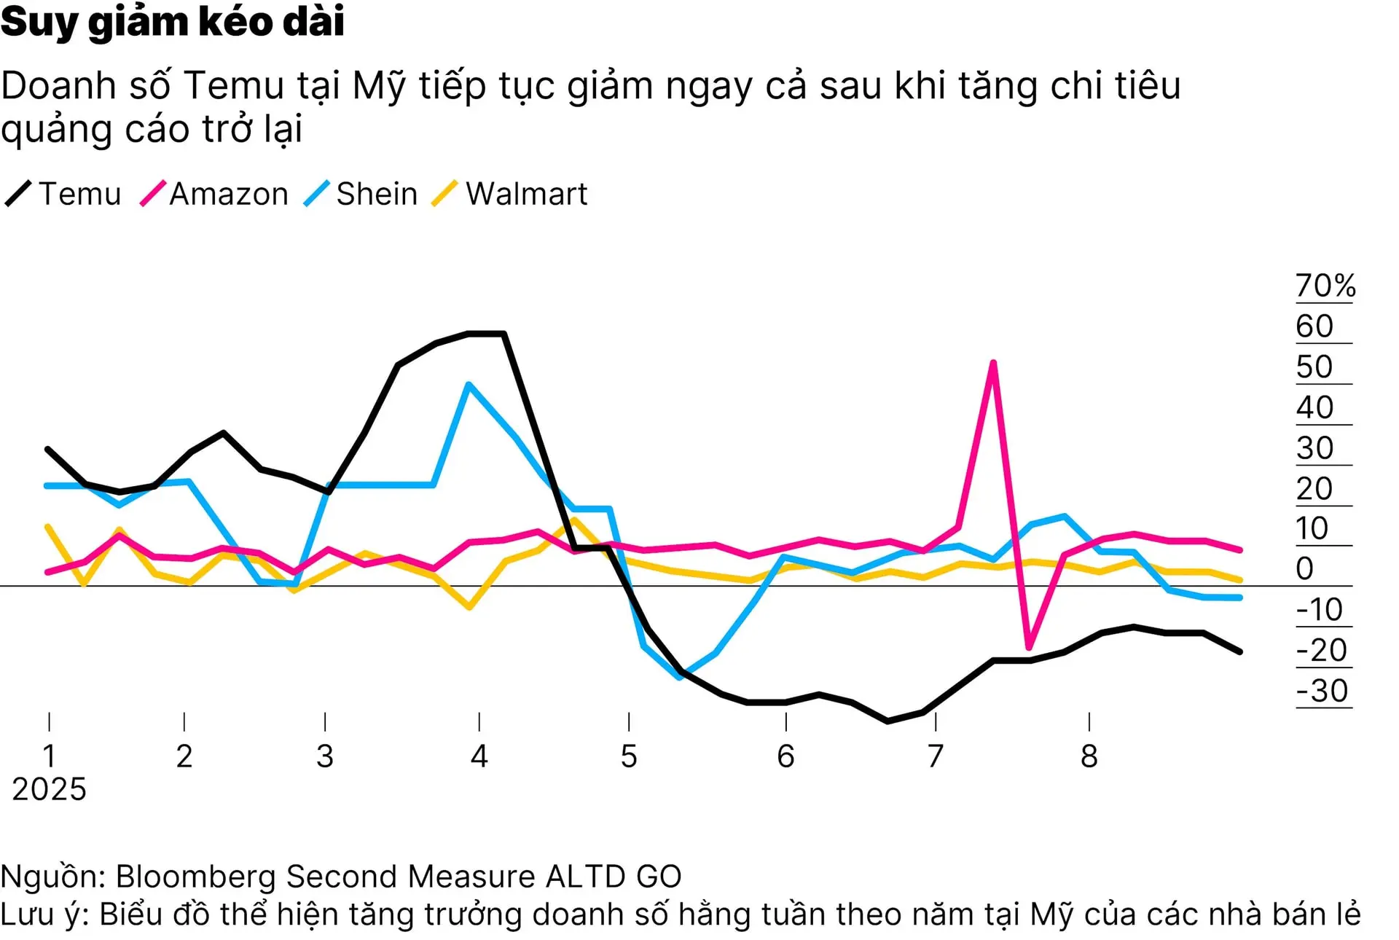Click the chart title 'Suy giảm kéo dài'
(172, 22)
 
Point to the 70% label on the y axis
(1325, 286)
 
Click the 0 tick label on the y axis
(1304, 568)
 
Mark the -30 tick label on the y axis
(1322, 691)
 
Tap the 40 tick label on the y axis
(1314, 407)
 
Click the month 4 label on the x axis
(479, 756)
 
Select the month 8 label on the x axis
(1089, 756)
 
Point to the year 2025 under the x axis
(49, 789)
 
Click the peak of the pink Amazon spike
(993, 362)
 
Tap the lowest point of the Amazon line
(1029, 647)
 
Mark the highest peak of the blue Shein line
(469, 384)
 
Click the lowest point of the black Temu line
(887, 721)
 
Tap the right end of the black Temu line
(1240, 651)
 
